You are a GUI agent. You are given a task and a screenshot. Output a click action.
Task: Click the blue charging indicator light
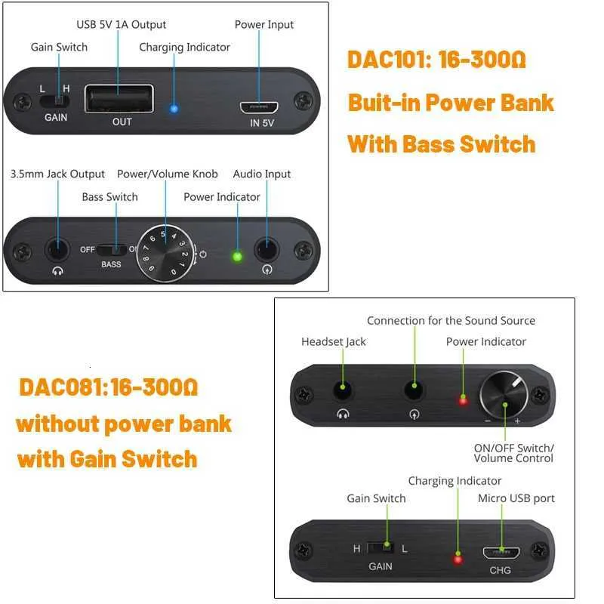click(x=174, y=109)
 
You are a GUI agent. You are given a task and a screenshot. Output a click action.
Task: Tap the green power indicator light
click(x=237, y=257)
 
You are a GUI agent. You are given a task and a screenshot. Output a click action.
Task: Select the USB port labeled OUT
click(x=119, y=99)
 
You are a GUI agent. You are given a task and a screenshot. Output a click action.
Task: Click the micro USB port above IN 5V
click(x=259, y=107)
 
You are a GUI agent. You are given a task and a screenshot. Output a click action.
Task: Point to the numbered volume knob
click(x=166, y=254)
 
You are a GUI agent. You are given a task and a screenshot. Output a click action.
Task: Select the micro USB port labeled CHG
click(x=501, y=553)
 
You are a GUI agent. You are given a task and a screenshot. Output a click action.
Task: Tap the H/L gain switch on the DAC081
click(x=381, y=548)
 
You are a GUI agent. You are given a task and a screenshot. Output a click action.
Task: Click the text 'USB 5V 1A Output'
click(x=122, y=25)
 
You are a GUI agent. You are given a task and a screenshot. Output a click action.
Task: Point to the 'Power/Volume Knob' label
click(x=168, y=174)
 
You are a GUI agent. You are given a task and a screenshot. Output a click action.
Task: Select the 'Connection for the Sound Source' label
click(x=451, y=320)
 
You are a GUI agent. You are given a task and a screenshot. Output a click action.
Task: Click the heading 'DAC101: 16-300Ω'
click(x=436, y=60)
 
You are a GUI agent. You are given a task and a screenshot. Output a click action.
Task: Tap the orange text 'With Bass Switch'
click(x=442, y=144)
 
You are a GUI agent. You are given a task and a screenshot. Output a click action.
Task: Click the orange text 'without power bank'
click(x=124, y=424)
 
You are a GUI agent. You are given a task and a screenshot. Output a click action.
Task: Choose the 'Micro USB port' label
click(x=516, y=498)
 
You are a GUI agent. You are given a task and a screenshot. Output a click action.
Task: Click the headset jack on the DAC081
click(x=343, y=390)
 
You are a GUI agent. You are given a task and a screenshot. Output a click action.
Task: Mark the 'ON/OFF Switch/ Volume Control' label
click(x=514, y=453)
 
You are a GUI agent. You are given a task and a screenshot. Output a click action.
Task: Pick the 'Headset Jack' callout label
click(x=334, y=342)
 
